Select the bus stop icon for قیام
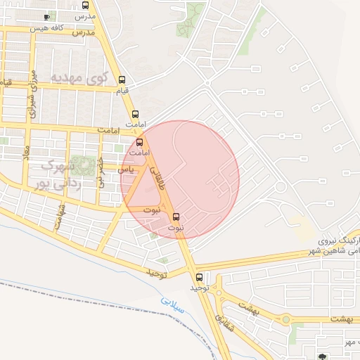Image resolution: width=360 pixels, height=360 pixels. click(x=123, y=79)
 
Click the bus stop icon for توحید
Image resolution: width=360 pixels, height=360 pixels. click(x=200, y=277)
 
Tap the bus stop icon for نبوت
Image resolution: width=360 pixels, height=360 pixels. click(x=176, y=217)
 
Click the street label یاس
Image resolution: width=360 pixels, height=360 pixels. click(x=126, y=169)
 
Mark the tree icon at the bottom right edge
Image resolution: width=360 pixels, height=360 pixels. click(x=323, y=356)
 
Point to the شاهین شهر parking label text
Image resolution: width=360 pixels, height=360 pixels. click(x=334, y=250)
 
